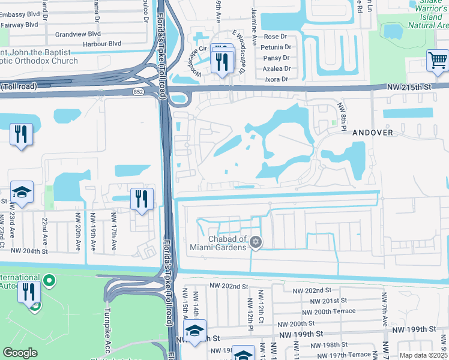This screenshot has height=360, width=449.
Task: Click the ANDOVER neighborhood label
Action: [x=372, y=132]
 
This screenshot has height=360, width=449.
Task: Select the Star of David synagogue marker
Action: [x=256, y=242]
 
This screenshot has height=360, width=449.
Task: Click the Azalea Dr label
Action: [x=277, y=68]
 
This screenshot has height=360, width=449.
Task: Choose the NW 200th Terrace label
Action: [x=328, y=311]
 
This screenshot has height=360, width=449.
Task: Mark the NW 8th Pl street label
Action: [x=343, y=113]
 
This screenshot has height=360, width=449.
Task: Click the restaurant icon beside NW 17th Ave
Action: [x=141, y=199]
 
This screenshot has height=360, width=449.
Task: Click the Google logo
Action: [x=20, y=353]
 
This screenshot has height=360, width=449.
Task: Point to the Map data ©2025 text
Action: [x=423, y=355]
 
